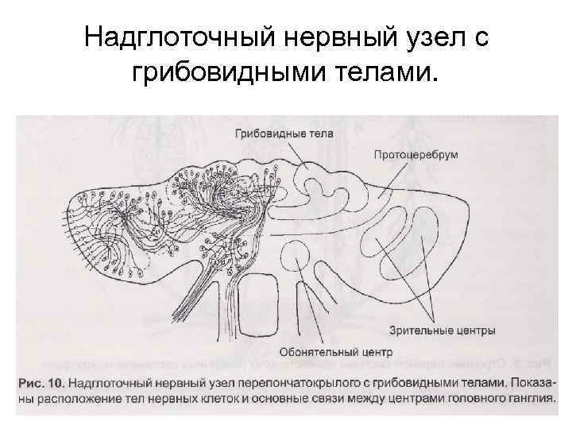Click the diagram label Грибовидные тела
point(284,133)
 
